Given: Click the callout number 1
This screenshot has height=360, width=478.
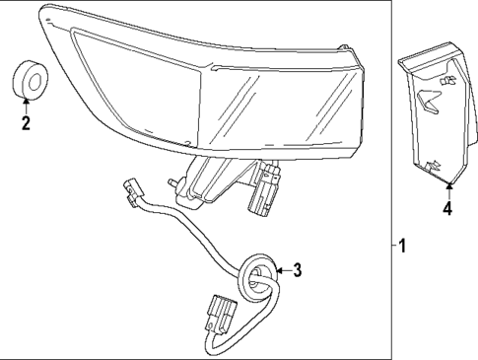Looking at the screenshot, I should tap(403, 247).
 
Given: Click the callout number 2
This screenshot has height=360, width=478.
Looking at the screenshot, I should tap(26, 124).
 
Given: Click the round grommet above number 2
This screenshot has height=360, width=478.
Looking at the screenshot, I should tap(26, 80).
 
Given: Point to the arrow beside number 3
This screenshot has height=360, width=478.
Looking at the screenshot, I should tap(278, 269).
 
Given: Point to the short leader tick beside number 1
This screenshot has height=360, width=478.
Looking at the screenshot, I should tap(392, 247).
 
